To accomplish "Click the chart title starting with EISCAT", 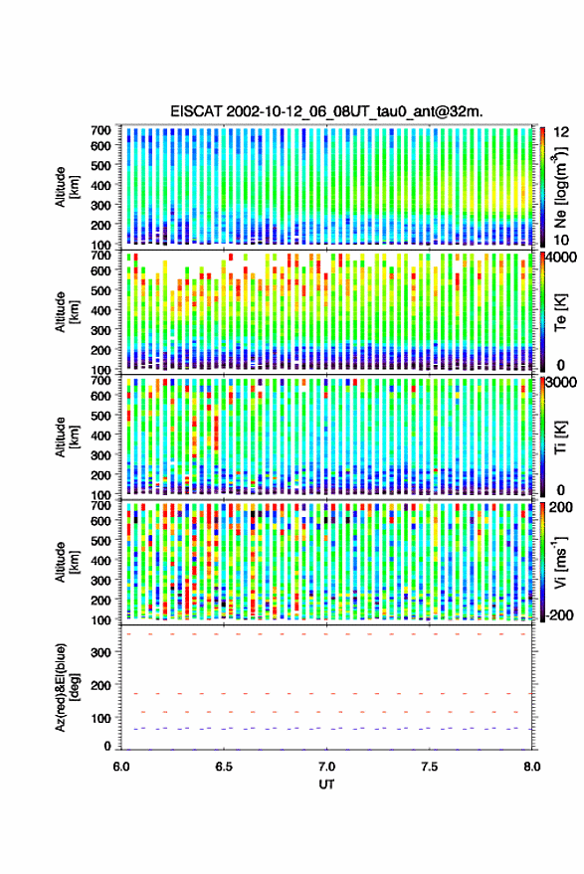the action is (x=326, y=111).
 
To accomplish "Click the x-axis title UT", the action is (x=326, y=785).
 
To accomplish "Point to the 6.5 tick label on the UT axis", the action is (x=224, y=767).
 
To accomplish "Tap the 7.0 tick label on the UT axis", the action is (x=326, y=767).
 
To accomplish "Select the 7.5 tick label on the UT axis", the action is (x=429, y=767).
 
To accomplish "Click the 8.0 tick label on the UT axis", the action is (x=531, y=767).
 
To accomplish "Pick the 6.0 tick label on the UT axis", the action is (x=121, y=767).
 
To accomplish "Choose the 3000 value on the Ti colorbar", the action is (x=561, y=383).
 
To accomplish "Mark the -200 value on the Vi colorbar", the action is (x=558, y=615).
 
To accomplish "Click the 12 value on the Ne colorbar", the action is (x=561, y=132).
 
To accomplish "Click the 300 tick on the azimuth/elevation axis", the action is (x=101, y=652).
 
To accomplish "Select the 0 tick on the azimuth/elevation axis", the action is (x=108, y=746).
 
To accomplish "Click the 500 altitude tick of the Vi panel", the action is (x=101, y=540).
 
